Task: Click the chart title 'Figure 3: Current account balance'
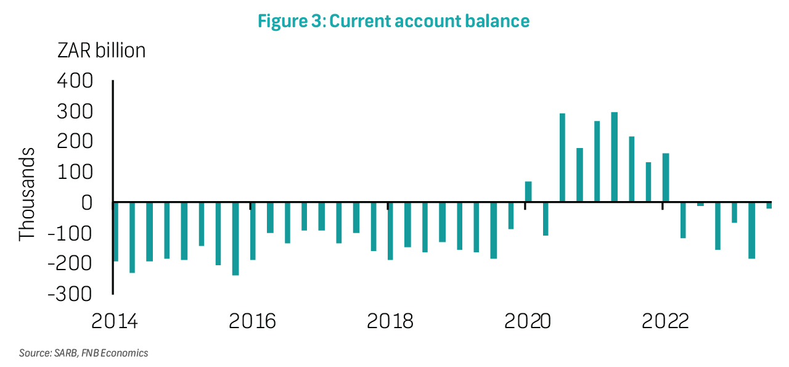click(393, 21)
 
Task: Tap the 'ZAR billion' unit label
click(102, 51)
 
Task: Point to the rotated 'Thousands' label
click(27, 194)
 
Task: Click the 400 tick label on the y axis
click(75, 81)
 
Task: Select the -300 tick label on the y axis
click(70, 294)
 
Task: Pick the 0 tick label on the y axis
click(87, 203)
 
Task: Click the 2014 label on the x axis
click(114, 321)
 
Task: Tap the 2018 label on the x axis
click(390, 321)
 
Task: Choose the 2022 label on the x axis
click(665, 321)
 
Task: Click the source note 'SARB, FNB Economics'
click(101, 353)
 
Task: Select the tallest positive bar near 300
click(615, 157)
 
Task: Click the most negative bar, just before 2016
click(235, 239)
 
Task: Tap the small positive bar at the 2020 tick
click(528, 191)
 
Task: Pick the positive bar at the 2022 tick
click(666, 177)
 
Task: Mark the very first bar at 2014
click(115, 232)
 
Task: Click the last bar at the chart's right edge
click(769, 205)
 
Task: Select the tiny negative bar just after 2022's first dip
click(701, 204)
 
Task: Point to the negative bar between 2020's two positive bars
click(546, 219)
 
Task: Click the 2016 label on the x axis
click(252, 321)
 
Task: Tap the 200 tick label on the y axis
click(75, 142)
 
